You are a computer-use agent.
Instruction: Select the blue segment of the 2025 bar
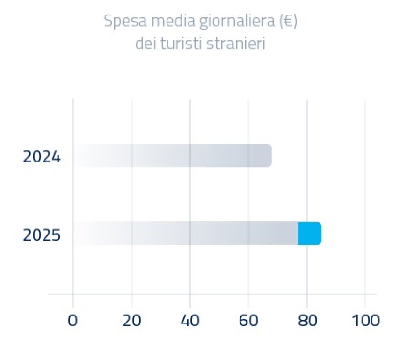point(309,234)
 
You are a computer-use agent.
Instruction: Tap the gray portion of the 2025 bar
point(187,234)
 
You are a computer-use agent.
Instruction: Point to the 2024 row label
point(42,157)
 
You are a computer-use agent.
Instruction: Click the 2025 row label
point(42,235)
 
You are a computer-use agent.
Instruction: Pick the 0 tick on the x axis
point(73,321)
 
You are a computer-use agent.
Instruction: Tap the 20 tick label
point(131,321)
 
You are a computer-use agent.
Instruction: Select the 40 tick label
point(190,321)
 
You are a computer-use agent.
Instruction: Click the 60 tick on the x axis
point(248,321)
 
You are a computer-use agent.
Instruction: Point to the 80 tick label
point(306,321)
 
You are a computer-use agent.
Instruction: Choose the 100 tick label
point(365,321)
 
